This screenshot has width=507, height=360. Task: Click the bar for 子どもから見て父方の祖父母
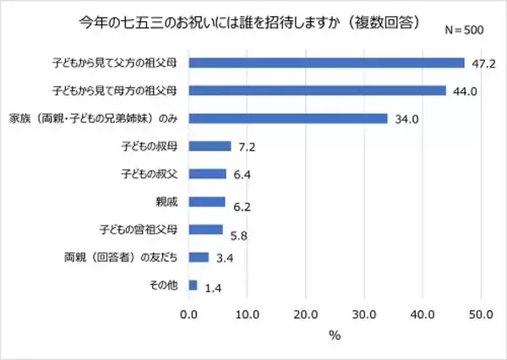click(x=326, y=63)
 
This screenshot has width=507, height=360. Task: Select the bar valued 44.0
click(x=317, y=90)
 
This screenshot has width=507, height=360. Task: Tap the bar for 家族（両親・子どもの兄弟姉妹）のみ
click(x=288, y=118)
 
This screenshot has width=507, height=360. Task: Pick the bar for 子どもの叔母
click(x=210, y=146)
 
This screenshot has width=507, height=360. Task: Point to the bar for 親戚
click(x=207, y=201)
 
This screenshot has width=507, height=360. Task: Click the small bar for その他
click(x=194, y=285)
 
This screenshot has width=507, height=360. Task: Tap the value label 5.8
click(x=239, y=235)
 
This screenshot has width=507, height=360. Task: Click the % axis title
click(x=335, y=336)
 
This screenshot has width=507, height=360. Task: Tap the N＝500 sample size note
click(x=463, y=29)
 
